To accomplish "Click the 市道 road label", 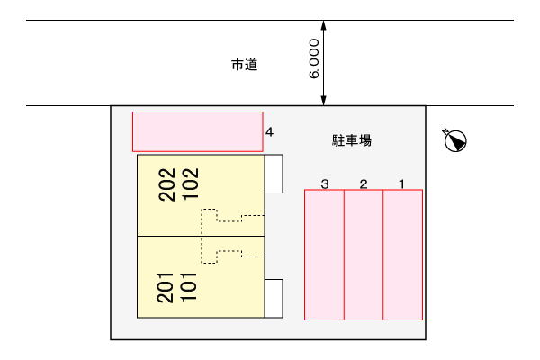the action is pos(245,65).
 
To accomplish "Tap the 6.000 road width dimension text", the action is pos(314,58).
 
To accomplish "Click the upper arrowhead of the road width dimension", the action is pos(323,25).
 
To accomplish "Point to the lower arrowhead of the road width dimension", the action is pos(323,101).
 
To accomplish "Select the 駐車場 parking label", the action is pos(352,140).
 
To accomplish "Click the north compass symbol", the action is pos(454,139).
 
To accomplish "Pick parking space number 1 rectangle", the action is pos(403,255).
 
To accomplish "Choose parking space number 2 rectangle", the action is pos(364,255).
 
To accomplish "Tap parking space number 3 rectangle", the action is pos(324,255).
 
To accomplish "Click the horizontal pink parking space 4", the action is pos(198,131).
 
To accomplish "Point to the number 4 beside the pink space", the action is pos(269,132).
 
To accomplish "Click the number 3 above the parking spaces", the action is pos(324,184).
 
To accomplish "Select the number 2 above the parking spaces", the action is pos(364,184).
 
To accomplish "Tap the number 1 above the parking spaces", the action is pos(402,184).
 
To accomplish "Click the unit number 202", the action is pos(167,184).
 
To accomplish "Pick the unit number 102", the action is pos(191,184).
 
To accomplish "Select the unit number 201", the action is pos(165,288).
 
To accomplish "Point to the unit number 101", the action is pos(188,287).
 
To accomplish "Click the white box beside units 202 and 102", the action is pos(274,174).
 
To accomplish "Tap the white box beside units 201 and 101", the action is pos(274,298).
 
